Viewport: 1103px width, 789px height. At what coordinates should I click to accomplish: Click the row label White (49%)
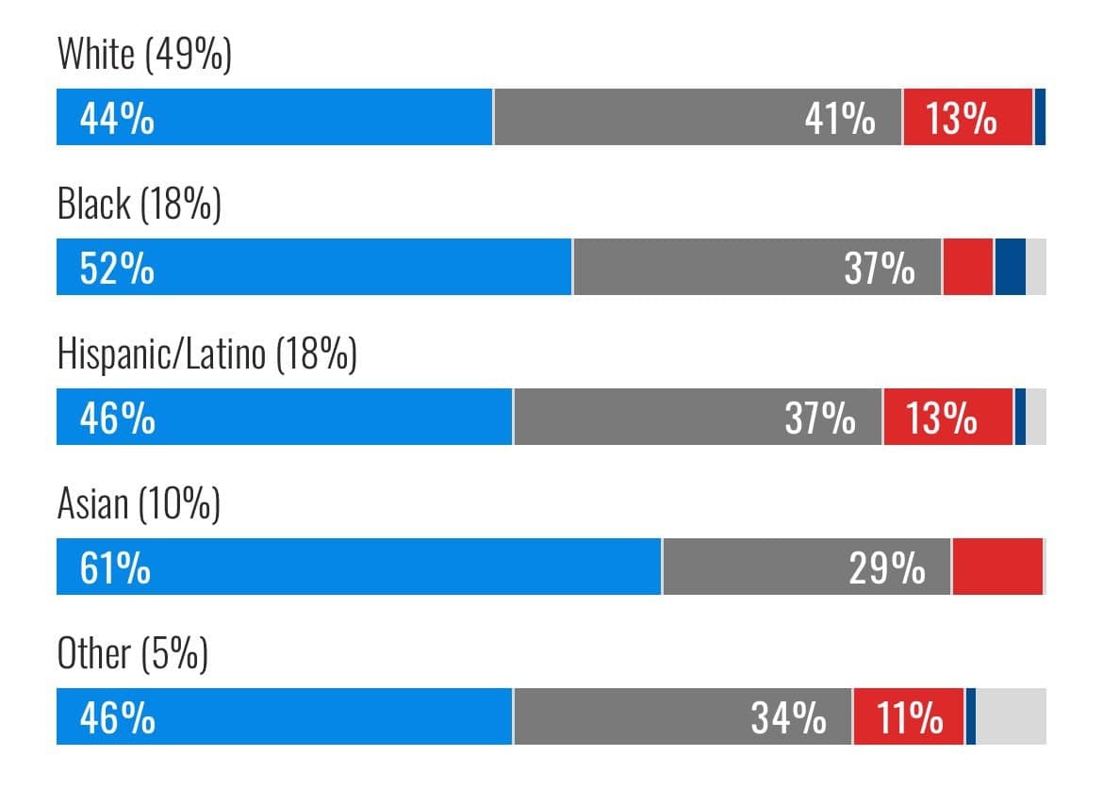[x=144, y=55]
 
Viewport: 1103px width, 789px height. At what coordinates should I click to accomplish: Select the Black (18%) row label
[x=139, y=204]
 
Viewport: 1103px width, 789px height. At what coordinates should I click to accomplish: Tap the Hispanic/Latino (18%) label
[x=206, y=354]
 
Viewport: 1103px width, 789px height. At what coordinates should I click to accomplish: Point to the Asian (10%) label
[x=139, y=503]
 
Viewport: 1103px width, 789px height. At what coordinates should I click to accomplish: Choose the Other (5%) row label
[x=132, y=653]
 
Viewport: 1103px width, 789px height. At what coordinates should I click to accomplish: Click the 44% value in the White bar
[x=117, y=119]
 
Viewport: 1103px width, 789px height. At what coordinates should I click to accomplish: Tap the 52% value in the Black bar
[x=117, y=269]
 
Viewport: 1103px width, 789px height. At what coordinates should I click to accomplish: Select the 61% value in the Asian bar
[x=115, y=568]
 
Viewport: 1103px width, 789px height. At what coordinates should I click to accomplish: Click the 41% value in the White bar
[x=839, y=119]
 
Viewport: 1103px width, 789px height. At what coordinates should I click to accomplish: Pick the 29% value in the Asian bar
[x=886, y=568]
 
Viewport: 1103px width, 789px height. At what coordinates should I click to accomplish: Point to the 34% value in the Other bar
[x=788, y=718]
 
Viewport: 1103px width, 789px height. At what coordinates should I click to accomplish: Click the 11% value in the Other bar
[x=910, y=718]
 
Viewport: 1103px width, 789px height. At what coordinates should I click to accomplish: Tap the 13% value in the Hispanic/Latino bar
[x=942, y=419]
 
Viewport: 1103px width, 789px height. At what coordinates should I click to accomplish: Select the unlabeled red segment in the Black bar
[x=967, y=268]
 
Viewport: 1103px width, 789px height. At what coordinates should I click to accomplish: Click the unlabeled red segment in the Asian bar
[x=997, y=567]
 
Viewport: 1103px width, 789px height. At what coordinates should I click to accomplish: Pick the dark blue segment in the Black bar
[x=1010, y=268]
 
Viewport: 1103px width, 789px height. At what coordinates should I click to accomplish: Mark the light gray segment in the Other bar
[x=1011, y=717]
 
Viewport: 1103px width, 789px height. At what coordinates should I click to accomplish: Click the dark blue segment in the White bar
[x=1040, y=118]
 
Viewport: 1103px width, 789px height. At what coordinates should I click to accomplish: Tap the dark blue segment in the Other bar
[x=970, y=717]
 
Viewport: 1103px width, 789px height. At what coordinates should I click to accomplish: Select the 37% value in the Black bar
[x=879, y=269]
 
